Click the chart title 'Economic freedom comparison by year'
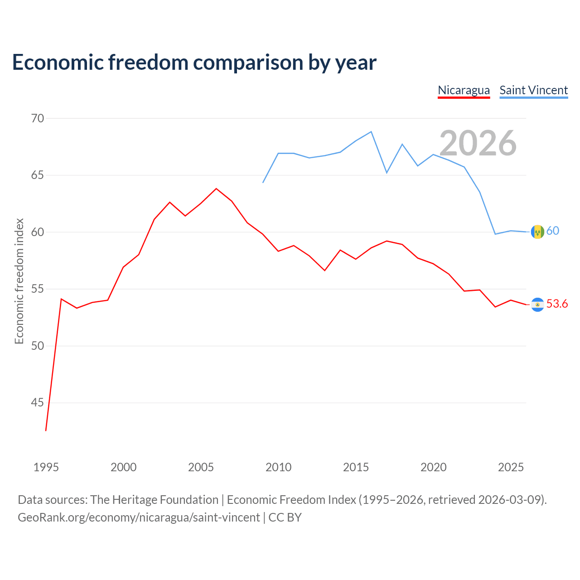pyautogui.click(x=194, y=63)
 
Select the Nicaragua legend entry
pyautogui.click(x=464, y=91)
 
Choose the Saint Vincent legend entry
pyautogui.click(x=533, y=91)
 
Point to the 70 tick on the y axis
pyautogui.click(x=38, y=118)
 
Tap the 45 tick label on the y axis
pyautogui.click(x=38, y=402)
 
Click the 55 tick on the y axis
pyautogui.click(x=38, y=289)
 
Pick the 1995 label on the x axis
pyautogui.click(x=46, y=467)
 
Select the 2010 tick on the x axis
pyautogui.click(x=278, y=467)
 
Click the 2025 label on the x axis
pyautogui.click(x=511, y=467)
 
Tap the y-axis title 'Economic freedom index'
pyautogui.click(x=19, y=281)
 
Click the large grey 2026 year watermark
pyautogui.click(x=478, y=143)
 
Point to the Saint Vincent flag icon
pyautogui.click(x=537, y=232)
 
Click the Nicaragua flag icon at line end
pyautogui.click(x=537, y=304)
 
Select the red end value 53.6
pyautogui.click(x=557, y=304)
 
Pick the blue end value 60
pyautogui.click(x=553, y=231)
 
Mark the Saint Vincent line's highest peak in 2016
pyautogui.click(x=371, y=131)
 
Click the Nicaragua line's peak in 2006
pyautogui.click(x=216, y=188)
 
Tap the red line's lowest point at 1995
pyautogui.click(x=46, y=430)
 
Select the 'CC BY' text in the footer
pyautogui.click(x=285, y=517)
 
